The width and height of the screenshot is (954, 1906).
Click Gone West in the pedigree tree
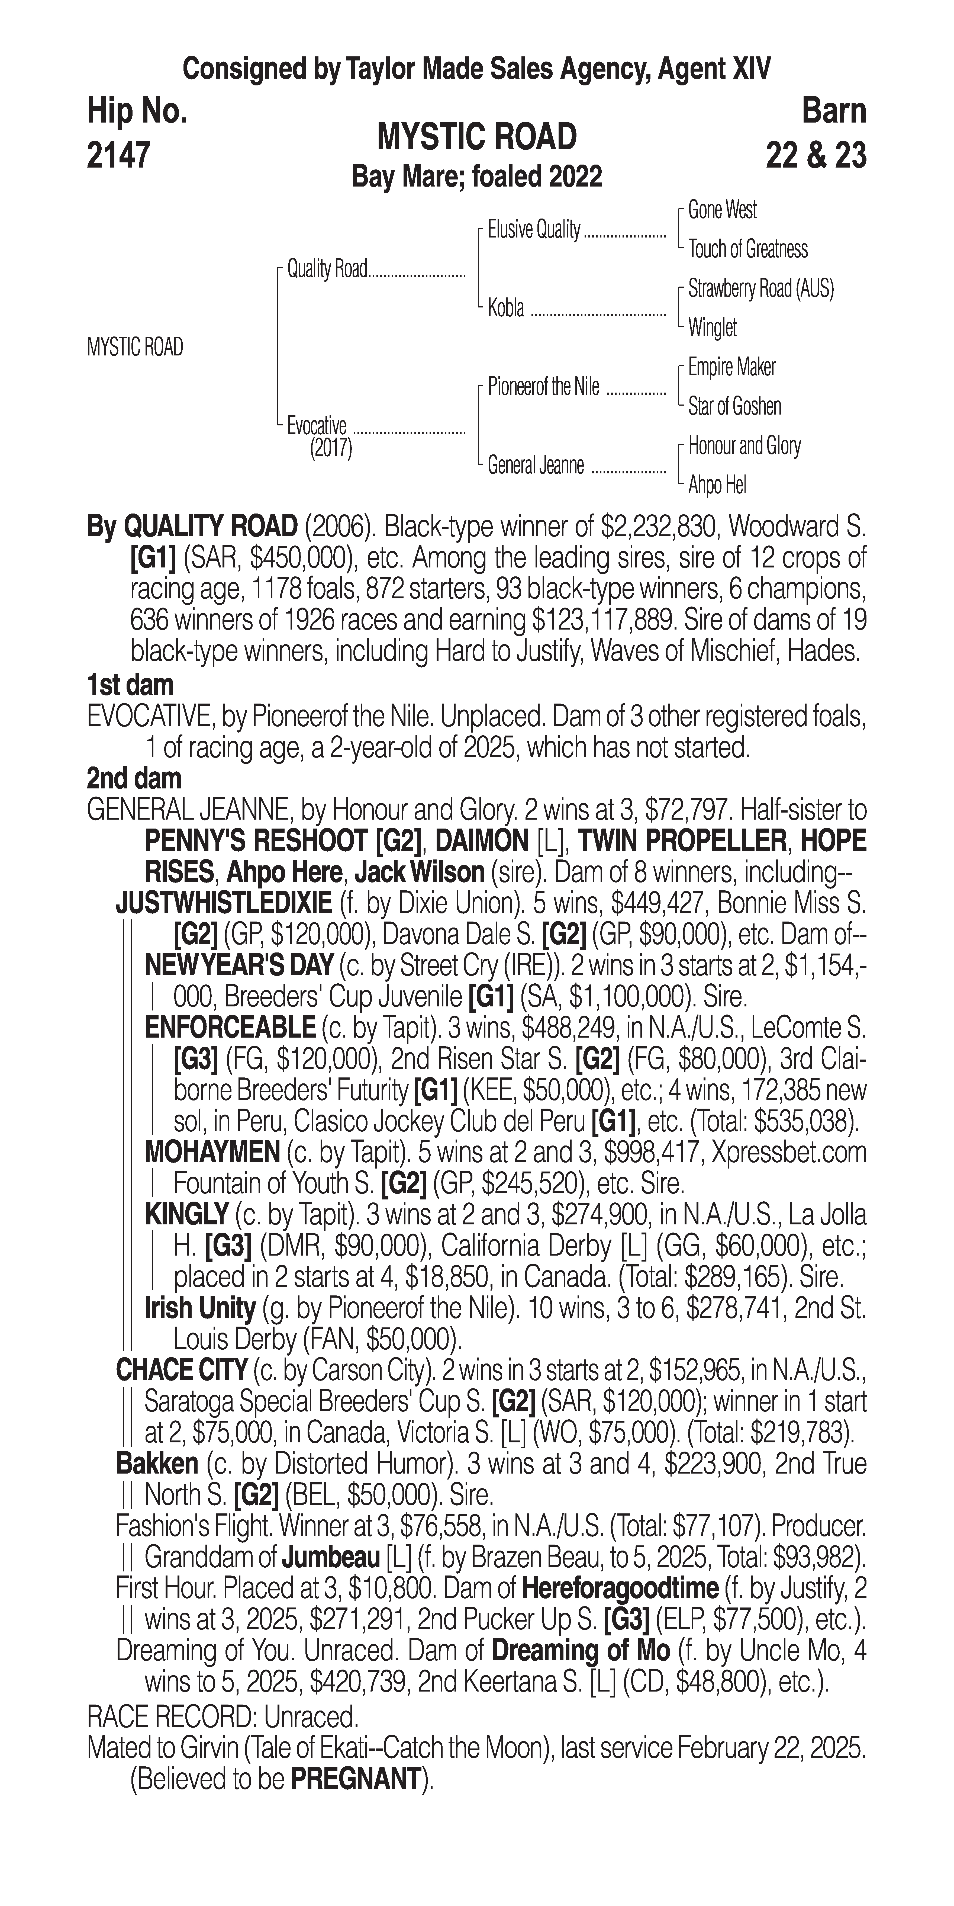tap(722, 210)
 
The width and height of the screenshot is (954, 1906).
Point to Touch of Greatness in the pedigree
tap(748, 249)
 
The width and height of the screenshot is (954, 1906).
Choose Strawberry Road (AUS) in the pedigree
tap(760, 288)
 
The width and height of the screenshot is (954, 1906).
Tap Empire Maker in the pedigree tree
tap(731, 367)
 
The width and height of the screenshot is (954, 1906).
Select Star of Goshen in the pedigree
tap(734, 406)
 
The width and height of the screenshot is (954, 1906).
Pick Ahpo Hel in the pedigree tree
tap(717, 485)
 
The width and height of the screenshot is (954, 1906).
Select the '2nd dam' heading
tap(134, 778)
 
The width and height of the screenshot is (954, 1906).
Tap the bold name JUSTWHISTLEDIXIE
tap(223, 903)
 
